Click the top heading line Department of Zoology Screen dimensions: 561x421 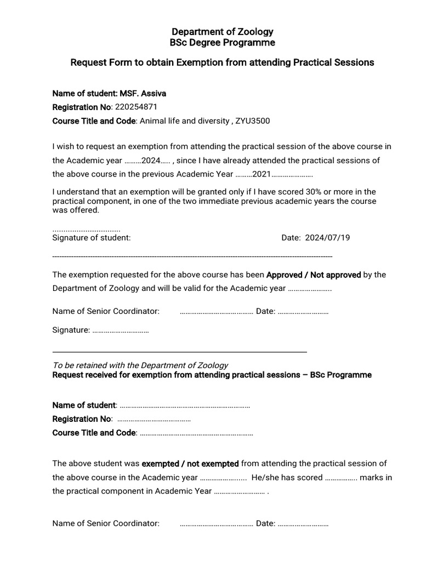pos(222,32)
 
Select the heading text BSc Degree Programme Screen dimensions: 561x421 pos(222,43)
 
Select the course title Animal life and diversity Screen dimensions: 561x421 pos(183,121)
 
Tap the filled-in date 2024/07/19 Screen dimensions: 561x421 pos(327,238)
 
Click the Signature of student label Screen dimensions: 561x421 pos(91,238)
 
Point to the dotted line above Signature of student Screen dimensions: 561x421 pos(86,230)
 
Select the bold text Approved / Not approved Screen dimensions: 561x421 pos(314,274)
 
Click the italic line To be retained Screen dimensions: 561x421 pos(140,365)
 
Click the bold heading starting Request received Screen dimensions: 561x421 pos(212,375)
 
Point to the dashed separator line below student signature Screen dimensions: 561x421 pos(192,256)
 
